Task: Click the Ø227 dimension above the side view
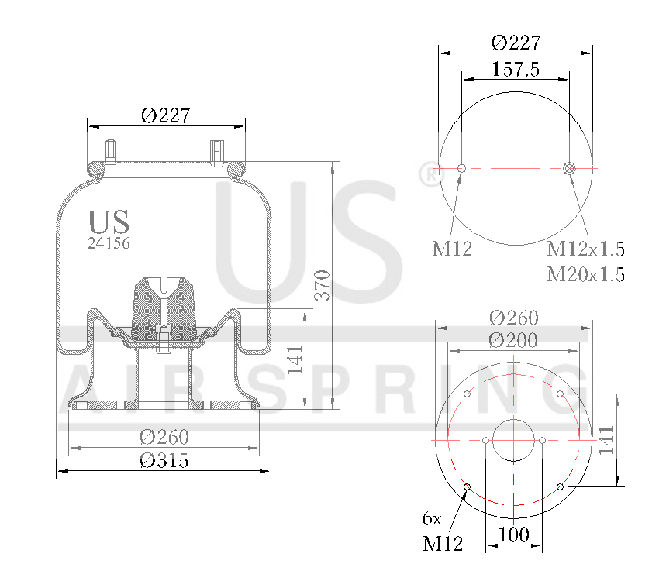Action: click(x=165, y=115)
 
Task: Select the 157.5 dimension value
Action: click(x=516, y=69)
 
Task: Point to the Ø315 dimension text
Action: click(x=164, y=460)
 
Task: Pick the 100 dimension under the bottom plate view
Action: click(x=513, y=535)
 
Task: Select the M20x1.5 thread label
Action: click(x=585, y=274)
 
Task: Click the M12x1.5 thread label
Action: click(x=585, y=249)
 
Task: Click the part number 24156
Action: click(x=109, y=242)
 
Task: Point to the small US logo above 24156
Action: click(x=109, y=222)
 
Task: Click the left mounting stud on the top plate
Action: click(x=111, y=150)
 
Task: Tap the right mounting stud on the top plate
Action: click(x=216, y=150)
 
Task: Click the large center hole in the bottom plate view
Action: click(x=514, y=440)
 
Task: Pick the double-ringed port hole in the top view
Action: click(x=570, y=168)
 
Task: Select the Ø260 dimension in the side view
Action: click(x=164, y=437)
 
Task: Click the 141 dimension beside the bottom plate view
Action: click(x=606, y=440)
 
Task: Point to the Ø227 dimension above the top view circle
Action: click(x=516, y=43)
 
